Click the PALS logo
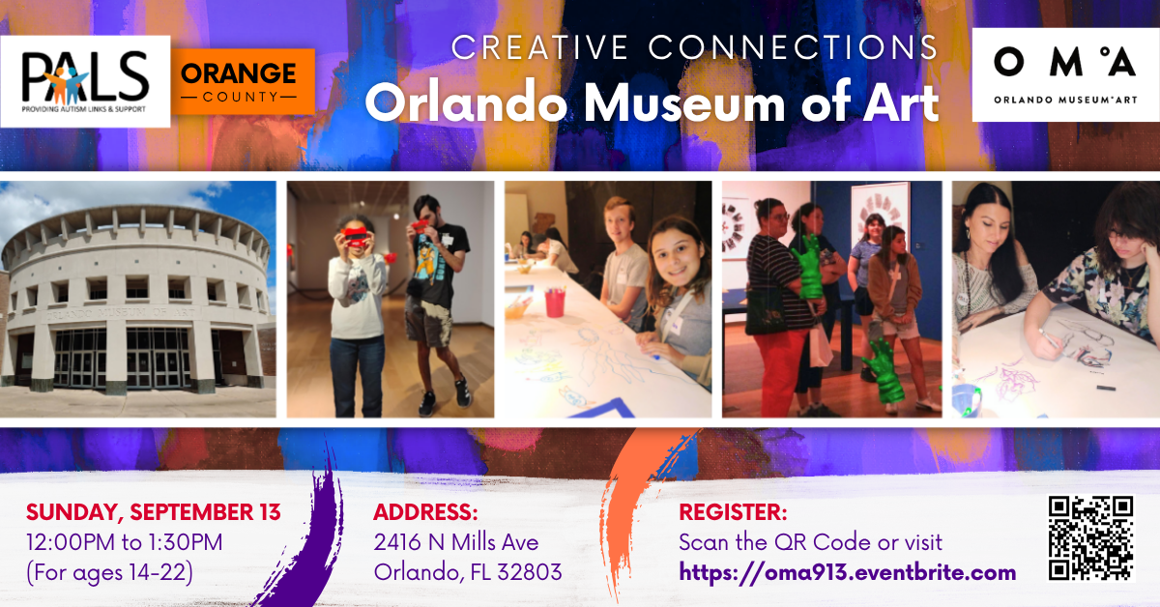point(85,81)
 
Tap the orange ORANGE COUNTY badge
point(243,81)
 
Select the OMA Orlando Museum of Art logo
point(1065,75)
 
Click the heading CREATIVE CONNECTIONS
point(694,47)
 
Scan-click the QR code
point(1091,538)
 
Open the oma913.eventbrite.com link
point(847,573)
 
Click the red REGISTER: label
point(733,512)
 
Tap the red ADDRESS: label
point(425,512)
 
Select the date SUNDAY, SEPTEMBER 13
point(154,512)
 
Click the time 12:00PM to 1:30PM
point(125,542)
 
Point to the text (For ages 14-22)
point(110,573)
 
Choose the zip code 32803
point(530,572)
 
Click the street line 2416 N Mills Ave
point(455,542)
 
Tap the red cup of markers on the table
point(555,303)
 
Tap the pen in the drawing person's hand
point(1048,338)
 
